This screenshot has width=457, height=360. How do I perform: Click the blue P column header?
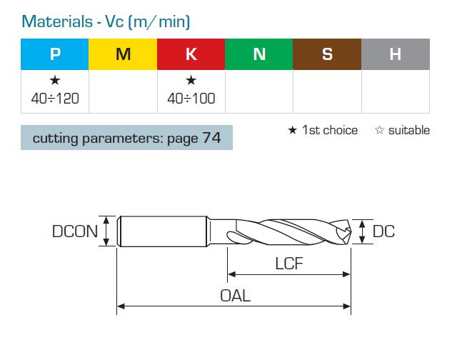(x=55, y=54)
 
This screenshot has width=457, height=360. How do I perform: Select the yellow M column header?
(x=123, y=54)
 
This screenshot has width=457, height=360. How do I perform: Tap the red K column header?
(x=191, y=54)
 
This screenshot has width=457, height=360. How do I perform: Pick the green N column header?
(x=259, y=54)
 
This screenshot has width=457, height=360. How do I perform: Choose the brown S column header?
(x=327, y=54)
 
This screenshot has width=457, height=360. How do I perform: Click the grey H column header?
(x=396, y=54)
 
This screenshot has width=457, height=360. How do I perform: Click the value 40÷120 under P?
(x=55, y=99)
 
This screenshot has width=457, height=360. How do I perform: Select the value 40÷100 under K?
(x=191, y=99)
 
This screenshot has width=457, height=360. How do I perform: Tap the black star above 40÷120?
(x=55, y=80)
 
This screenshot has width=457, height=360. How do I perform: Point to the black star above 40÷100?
(x=191, y=80)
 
